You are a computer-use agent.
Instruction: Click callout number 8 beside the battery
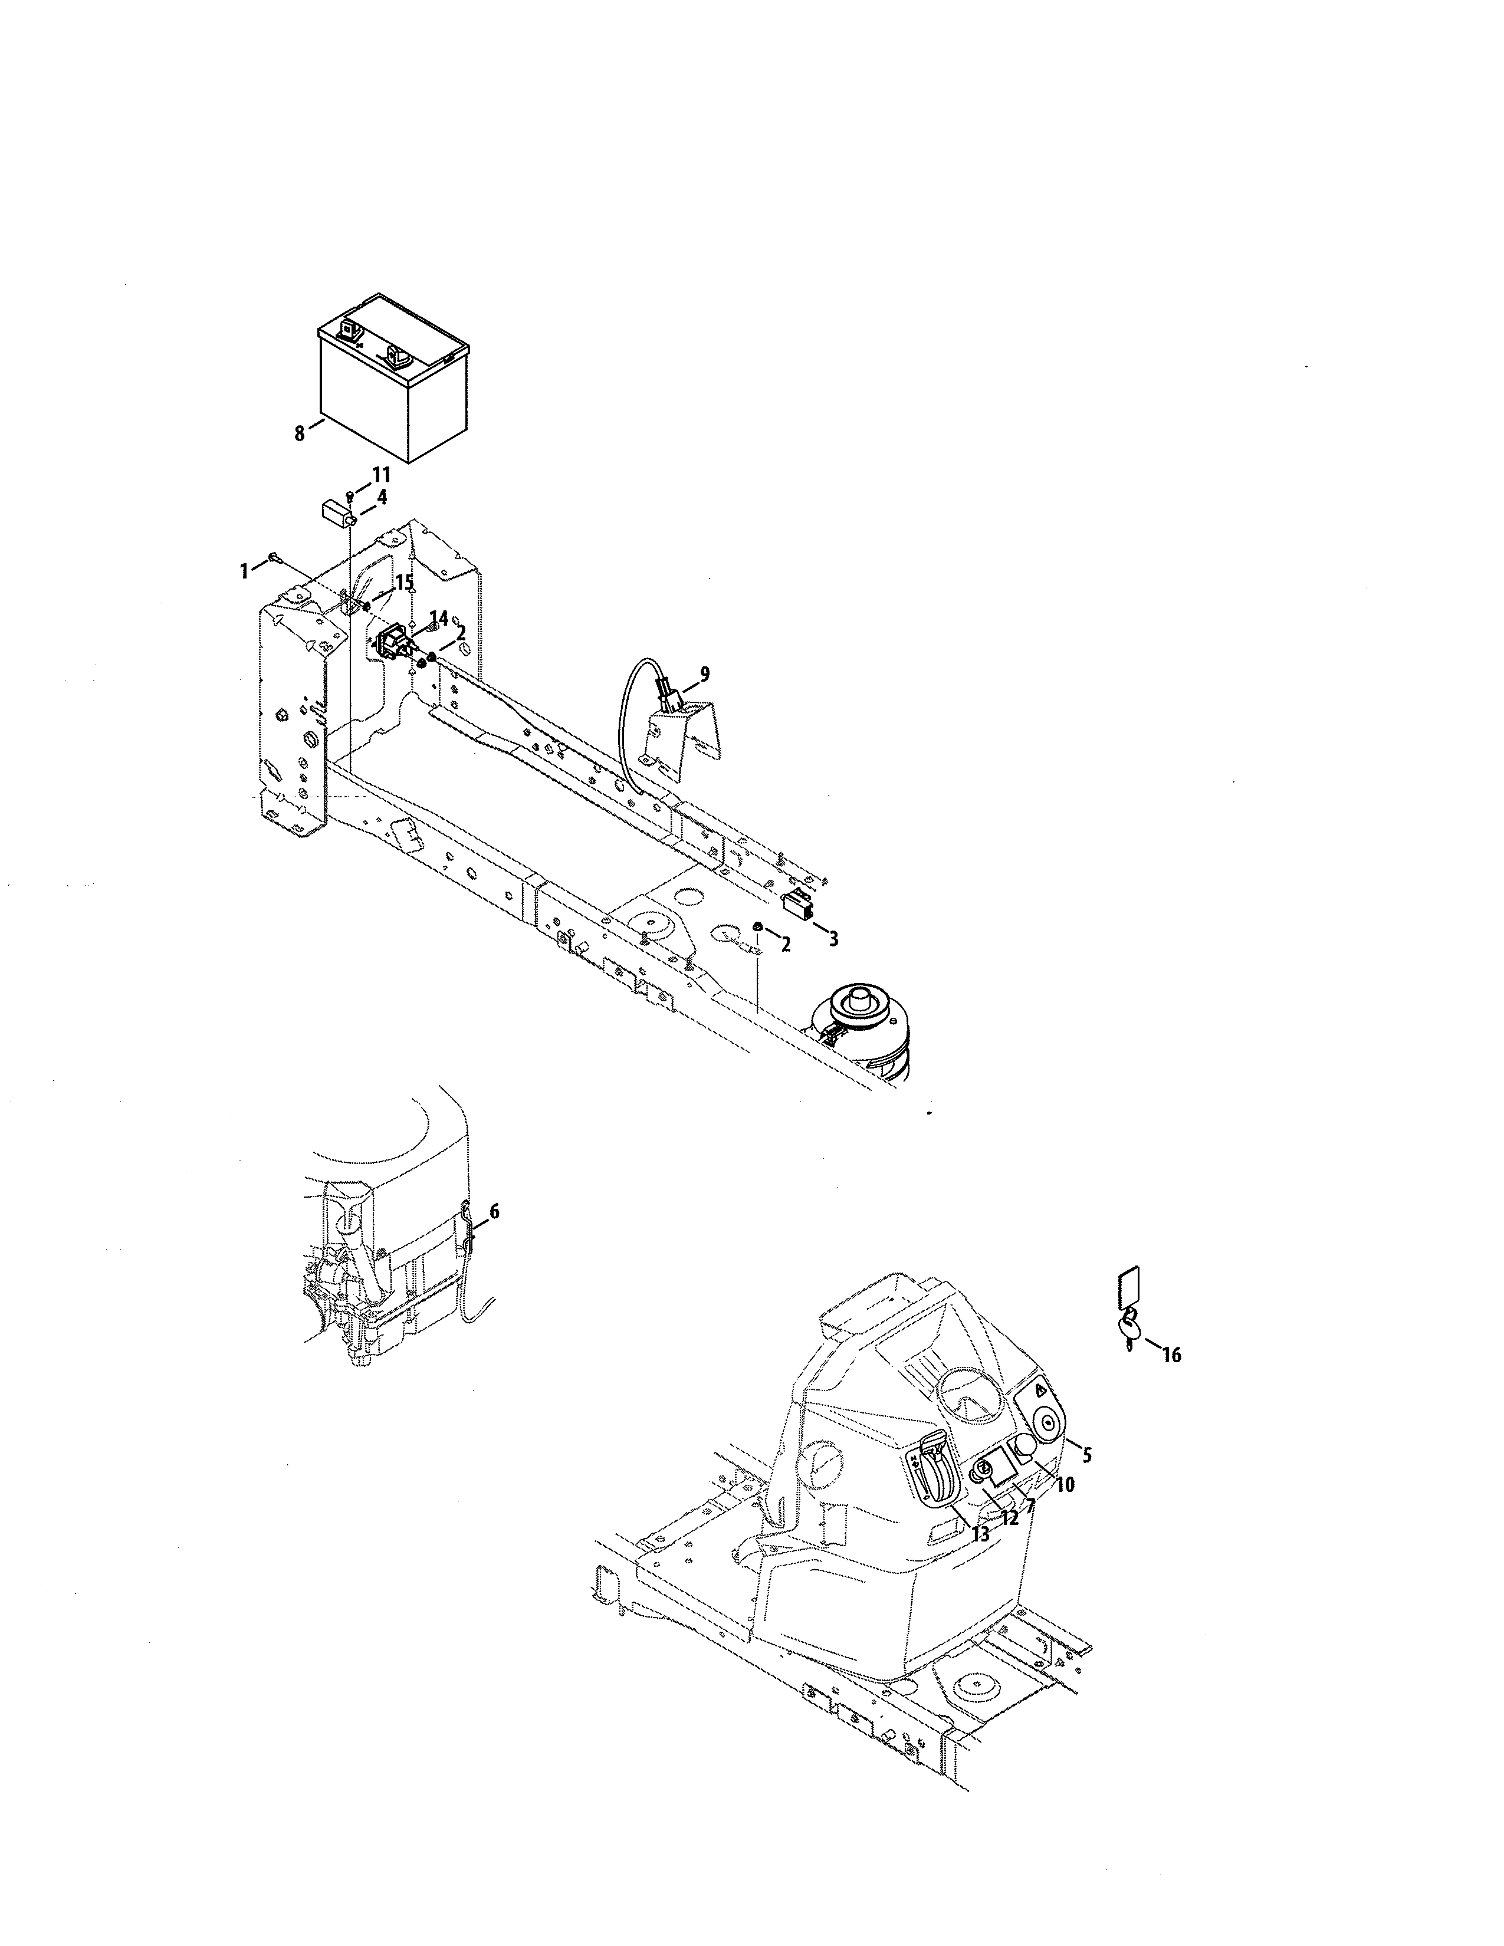coord(300,434)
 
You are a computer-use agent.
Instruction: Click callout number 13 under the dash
coord(980,1534)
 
